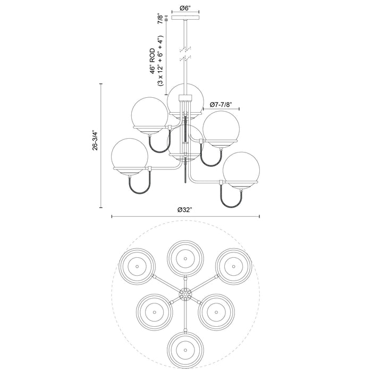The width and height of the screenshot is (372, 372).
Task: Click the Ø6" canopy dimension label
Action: point(185,8)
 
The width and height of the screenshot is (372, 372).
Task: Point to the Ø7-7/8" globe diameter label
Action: point(221,104)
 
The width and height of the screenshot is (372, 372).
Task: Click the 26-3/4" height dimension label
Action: point(96,145)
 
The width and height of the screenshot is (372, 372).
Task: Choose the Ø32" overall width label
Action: point(185,209)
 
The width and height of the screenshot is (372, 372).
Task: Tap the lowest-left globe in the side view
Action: point(130,156)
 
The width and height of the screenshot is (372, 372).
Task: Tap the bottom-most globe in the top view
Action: point(185,350)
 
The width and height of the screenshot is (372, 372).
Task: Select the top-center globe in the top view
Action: point(185,258)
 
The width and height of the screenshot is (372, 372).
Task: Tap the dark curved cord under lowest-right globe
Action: point(232,198)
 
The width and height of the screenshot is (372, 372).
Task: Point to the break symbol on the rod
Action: point(185,52)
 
